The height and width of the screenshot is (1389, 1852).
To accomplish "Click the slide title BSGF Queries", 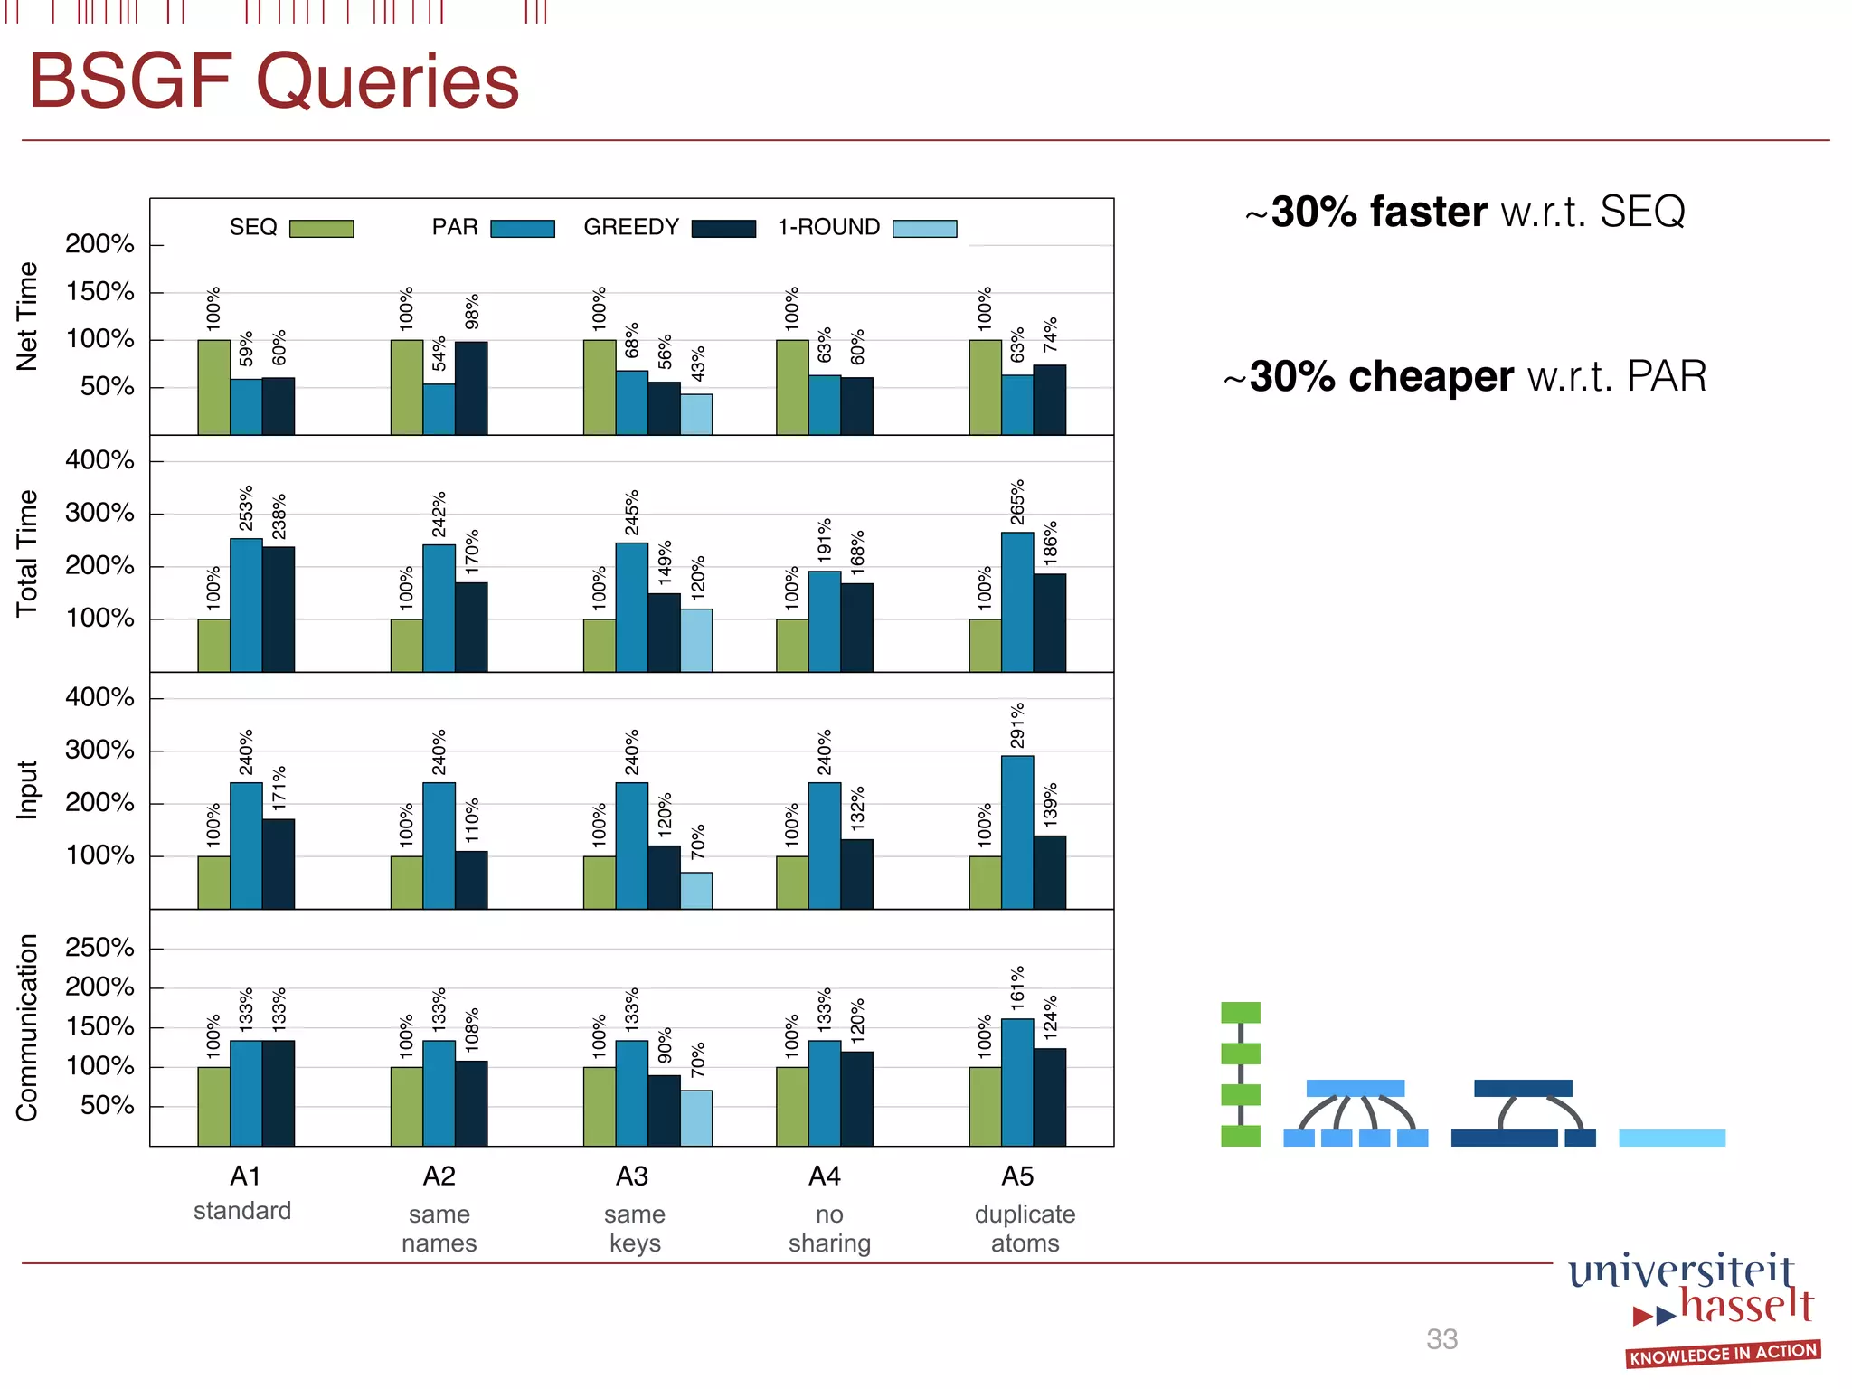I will (x=274, y=81).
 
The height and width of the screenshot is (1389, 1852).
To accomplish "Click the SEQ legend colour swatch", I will (x=321, y=229).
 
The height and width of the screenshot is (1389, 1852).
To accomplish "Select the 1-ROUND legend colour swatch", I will (x=924, y=229).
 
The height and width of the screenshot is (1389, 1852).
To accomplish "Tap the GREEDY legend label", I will (x=630, y=227).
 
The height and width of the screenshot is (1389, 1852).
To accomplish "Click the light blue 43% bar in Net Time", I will (x=696, y=414).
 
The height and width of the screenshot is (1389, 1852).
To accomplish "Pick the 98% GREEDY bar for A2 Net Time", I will (x=471, y=388).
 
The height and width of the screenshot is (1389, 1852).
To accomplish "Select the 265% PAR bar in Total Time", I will (x=1017, y=601).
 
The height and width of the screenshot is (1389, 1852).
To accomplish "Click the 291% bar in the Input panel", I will (x=1017, y=832).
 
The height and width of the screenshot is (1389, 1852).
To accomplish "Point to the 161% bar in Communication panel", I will (x=1017, y=1082).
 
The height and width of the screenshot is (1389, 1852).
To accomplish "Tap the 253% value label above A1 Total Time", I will (x=246, y=508).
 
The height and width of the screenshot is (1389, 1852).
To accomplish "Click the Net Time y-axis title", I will (x=27, y=317).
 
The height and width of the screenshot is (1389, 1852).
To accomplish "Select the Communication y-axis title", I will (x=27, y=1027).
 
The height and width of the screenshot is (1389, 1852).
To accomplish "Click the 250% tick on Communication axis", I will (x=99, y=948).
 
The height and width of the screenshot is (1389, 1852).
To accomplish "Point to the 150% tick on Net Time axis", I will (x=99, y=292).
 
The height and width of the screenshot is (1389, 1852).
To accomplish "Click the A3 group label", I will (x=632, y=1176).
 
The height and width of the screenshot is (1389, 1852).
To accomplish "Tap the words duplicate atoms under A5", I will (x=1025, y=1228).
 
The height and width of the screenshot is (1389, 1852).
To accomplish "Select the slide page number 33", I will (x=1441, y=1339).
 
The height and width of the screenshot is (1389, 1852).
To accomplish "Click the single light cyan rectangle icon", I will (x=1671, y=1138).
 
